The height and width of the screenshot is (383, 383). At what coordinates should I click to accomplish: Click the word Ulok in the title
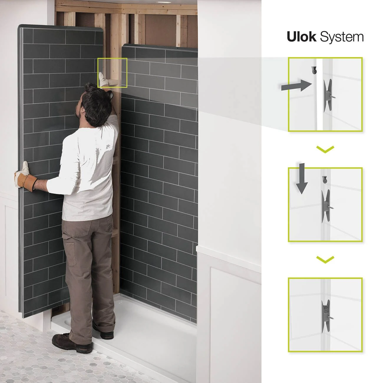coord(301,37)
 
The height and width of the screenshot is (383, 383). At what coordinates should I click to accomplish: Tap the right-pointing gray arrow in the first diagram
coord(296,85)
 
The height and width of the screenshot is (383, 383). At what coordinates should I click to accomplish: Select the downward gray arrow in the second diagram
coord(302,178)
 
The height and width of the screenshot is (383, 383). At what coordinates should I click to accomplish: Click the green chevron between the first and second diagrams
coord(325,149)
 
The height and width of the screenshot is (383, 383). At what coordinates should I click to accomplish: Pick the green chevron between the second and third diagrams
coord(325,259)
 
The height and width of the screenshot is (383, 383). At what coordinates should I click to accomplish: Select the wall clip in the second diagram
coord(327,206)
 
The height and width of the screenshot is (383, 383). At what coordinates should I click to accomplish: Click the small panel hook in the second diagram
coord(325,180)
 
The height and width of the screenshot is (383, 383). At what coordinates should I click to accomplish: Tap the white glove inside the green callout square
coord(103,79)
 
